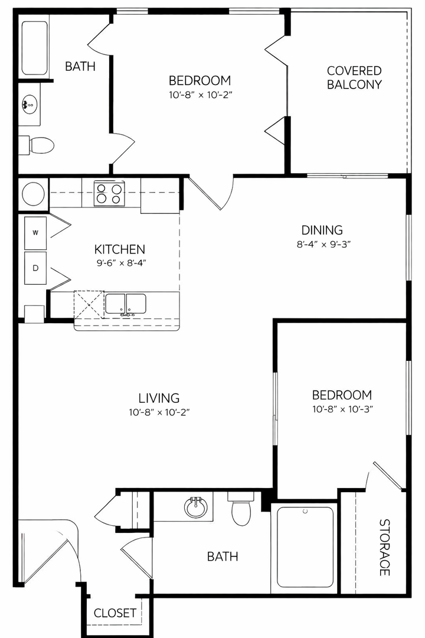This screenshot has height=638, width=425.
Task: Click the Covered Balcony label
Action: [354, 77]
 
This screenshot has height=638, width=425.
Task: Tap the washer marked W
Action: [35, 233]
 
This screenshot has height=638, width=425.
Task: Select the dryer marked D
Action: [35, 268]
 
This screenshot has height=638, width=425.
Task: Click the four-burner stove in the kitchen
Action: [109, 193]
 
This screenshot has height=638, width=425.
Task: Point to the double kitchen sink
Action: [126, 304]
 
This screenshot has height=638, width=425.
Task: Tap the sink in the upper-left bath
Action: [30, 104]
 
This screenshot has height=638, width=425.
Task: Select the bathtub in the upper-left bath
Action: [34, 48]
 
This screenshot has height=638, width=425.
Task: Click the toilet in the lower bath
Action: [241, 509]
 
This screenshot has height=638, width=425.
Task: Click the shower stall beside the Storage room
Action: [305, 546]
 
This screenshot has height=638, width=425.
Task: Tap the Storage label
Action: [385, 547]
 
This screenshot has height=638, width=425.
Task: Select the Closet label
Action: [115, 613]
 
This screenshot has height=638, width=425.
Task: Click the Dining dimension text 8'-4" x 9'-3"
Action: [323, 245]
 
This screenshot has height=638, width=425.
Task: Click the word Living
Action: [159, 398]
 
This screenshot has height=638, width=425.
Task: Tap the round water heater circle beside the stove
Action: [33, 194]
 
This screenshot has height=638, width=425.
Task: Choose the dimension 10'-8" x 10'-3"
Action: [342, 409]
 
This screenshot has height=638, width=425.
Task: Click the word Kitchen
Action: [120, 249]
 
